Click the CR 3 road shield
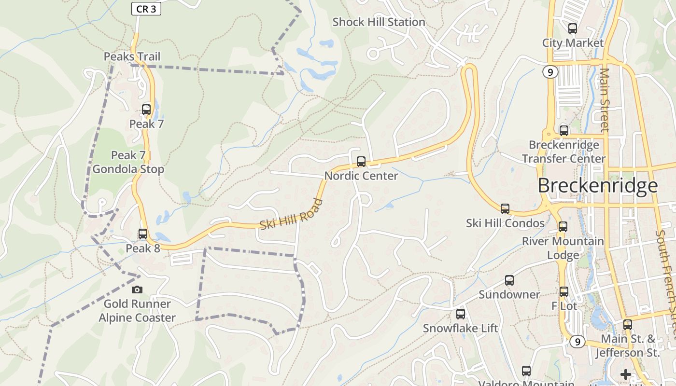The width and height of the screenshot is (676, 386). pos(146,9)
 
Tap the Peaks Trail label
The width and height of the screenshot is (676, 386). pos(132,56)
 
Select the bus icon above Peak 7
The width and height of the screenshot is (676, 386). pos(146,110)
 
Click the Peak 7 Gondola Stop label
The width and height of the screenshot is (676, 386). pos(128,162)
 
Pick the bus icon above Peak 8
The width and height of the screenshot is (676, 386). pos(143,234)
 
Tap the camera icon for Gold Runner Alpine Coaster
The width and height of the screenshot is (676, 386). pos(137,289)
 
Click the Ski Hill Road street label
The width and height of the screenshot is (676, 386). pos(291,214)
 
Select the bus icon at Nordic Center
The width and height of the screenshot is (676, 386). pos(361,162)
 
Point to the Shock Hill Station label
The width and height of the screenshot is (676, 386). pos(379,22)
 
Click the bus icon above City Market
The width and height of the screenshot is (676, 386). pos(573,28)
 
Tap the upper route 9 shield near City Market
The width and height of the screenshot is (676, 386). pos(550,72)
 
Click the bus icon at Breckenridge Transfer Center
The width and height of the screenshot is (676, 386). pos(564,130)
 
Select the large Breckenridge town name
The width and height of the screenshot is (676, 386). pos(597,186)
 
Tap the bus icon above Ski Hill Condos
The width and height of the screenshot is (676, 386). pos(505,209)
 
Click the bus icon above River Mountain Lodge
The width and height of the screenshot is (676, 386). pos(563,227)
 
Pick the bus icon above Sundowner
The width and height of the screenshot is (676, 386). pos(509,280)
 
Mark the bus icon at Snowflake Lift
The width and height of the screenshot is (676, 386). pos(461,314)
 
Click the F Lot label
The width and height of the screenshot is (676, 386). pos(564,306)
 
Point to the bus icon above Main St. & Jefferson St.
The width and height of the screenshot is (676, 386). pos(628,325)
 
